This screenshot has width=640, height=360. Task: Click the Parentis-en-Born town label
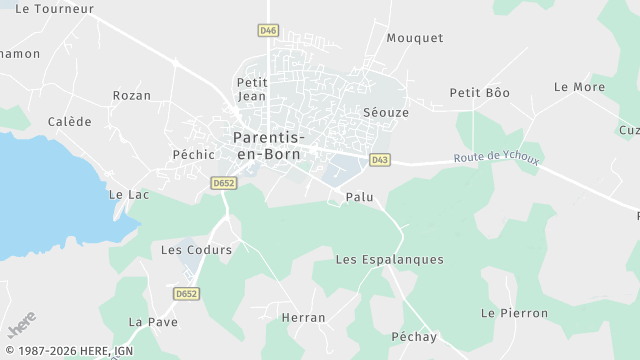click(x=268, y=145)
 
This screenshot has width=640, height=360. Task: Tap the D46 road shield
click(x=268, y=31)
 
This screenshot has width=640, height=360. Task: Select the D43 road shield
click(x=379, y=159)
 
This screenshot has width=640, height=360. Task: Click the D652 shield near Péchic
click(x=223, y=183)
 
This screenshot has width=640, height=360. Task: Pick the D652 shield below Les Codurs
click(x=186, y=293)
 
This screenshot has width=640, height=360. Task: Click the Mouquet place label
click(x=414, y=38)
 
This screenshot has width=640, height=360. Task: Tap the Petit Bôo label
click(x=479, y=93)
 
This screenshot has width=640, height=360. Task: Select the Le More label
click(x=579, y=87)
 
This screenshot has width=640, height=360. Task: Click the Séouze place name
click(x=386, y=113)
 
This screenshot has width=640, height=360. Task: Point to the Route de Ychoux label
click(x=496, y=158)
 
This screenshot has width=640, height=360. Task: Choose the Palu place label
click(x=359, y=197)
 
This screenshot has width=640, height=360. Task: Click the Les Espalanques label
click(x=389, y=260)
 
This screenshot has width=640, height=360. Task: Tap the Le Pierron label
click(x=514, y=313)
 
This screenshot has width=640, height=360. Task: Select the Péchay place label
click(x=414, y=337)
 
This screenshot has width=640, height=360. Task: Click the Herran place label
click(x=303, y=318)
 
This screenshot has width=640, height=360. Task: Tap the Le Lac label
click(x=128, y=194)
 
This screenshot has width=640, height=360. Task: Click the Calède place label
click(x=70, y=122)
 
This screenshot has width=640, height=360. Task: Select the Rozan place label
click(x=132, y=96)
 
